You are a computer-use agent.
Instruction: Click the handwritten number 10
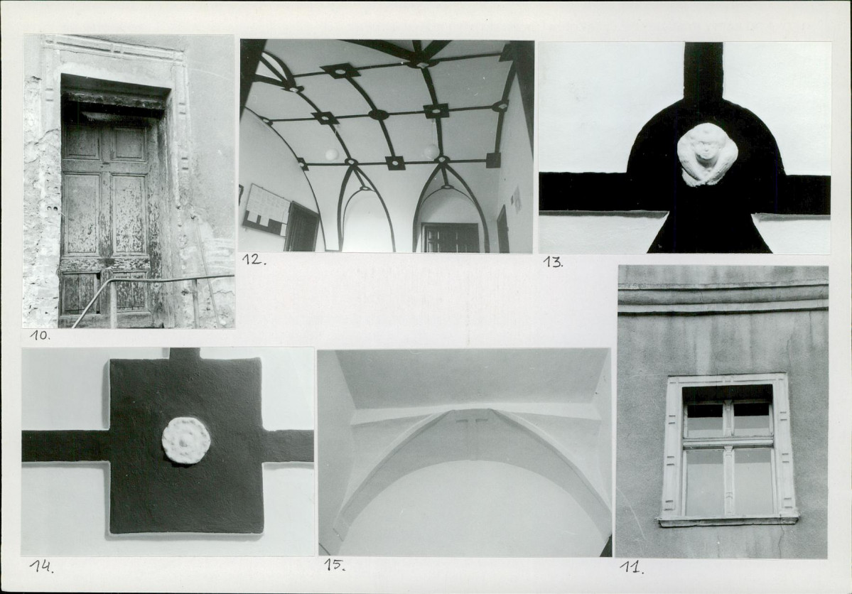click(x=41, y=335)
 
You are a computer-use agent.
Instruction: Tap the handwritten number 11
click(x=632, y=568)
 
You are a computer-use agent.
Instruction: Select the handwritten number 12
click(x=254, y=259)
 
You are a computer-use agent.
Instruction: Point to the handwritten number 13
click(x=553, y=262)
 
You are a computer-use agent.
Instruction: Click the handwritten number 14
click(x=41, y=567)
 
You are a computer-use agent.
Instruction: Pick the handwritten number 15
click(x=335, y=565)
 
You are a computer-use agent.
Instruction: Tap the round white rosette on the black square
click(x=186, y=441)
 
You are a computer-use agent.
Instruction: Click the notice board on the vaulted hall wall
click(x=266, y=210)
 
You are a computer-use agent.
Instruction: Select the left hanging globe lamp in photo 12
click(x=331, y=155)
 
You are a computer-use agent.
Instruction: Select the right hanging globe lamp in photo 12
click(x=431, y=151)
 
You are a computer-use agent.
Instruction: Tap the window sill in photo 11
click(x=728, y=521)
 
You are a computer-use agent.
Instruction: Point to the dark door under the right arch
click(x=451, y=237)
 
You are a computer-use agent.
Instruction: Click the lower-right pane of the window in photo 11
click(x=753, y=481)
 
